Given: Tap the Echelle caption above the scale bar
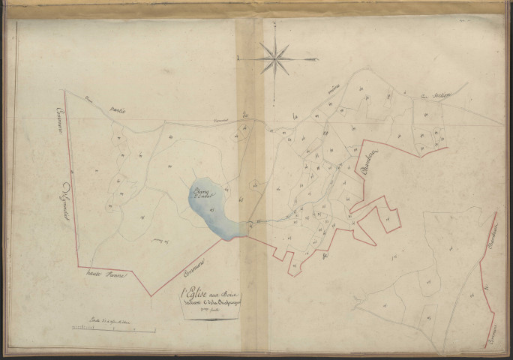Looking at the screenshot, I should coord(112,319).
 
